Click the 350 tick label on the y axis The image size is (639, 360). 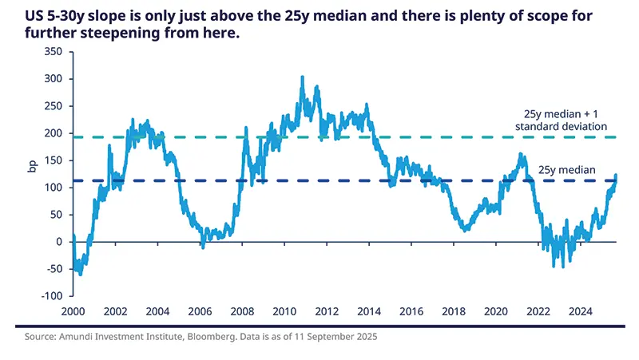[52, 51]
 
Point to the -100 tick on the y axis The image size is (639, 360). [50, 296]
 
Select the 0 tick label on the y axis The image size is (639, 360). [58, 242]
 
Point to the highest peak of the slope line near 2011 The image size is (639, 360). [302, 77]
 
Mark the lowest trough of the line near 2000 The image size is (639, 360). [80, 275]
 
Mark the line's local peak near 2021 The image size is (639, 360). [520, 155]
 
